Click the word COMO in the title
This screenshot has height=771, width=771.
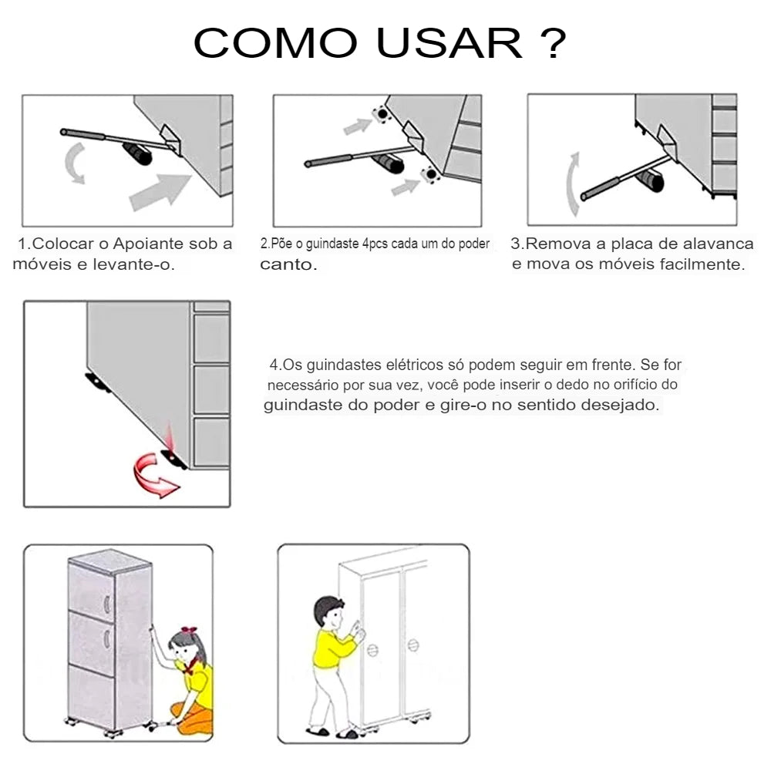275,42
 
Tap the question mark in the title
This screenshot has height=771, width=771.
554,42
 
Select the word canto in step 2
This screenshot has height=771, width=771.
288,264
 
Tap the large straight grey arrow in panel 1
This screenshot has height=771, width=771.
160,192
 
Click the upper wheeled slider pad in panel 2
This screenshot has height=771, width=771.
382,115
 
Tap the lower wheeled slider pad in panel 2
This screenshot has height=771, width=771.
430,174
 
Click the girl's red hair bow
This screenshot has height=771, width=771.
188,631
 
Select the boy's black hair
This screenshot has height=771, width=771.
327,609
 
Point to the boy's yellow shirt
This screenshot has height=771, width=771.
332,649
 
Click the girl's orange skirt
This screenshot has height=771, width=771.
194,719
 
